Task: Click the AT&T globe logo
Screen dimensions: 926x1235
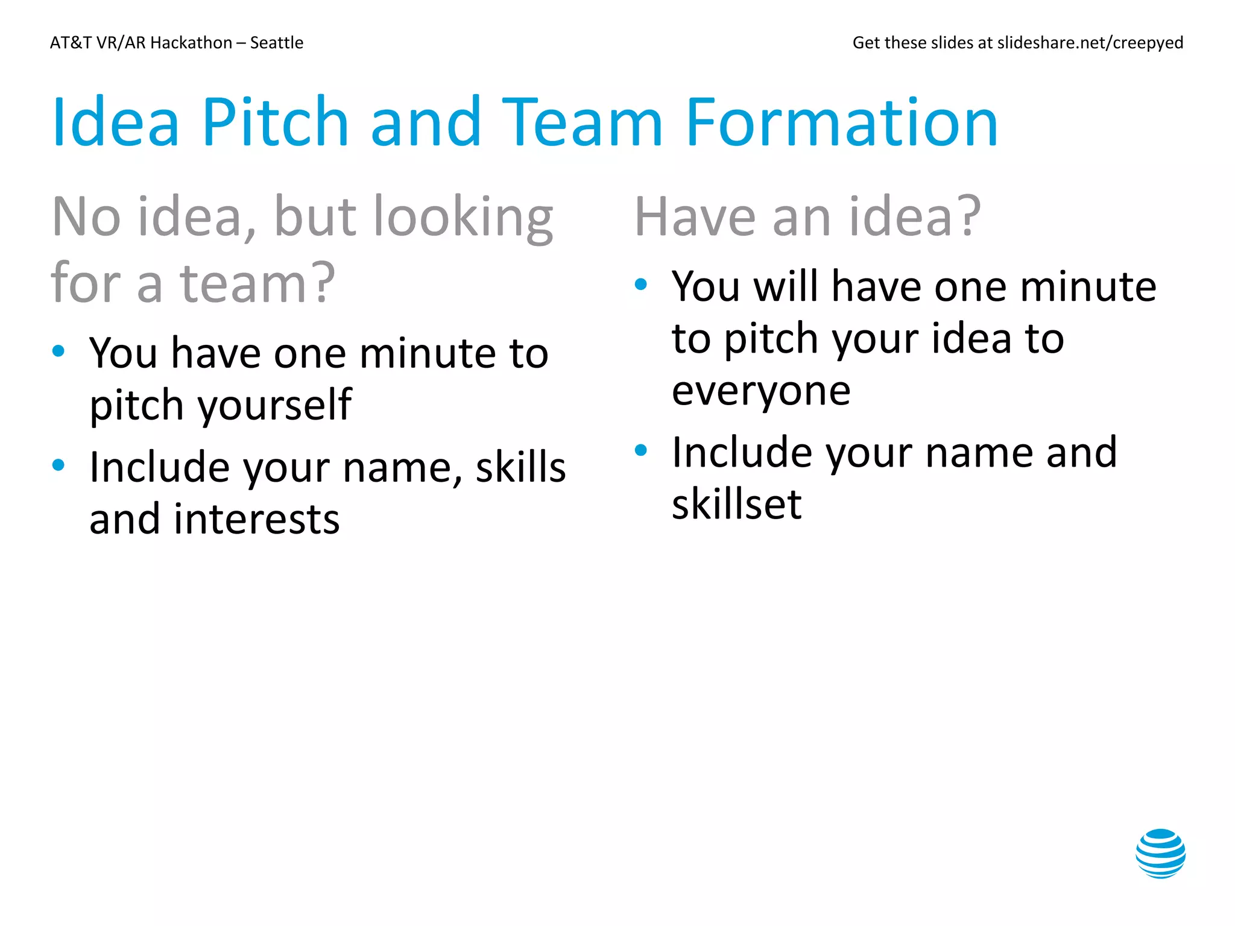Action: coord(1160,853)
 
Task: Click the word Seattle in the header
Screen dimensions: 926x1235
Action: coord(277,43)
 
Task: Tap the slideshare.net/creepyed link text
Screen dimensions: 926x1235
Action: coord(1090,43)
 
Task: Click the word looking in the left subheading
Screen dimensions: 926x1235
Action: coord(463,217)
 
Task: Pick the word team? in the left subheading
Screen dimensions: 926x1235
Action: coord(257,283)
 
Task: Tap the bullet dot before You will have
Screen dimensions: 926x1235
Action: coord(640,285)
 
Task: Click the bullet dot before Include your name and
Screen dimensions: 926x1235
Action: coord(640,450)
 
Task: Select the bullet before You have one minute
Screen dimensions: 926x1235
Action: coord(58,351)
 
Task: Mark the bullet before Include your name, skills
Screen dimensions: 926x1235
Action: coord(58,465)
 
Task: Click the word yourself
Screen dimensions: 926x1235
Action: coord(275,405)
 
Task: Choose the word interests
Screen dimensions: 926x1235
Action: coord(257,520)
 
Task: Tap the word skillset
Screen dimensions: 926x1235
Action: coord(736,505)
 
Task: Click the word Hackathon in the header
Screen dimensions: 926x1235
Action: coord(191,43)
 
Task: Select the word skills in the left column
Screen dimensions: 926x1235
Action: coord(521,468)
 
